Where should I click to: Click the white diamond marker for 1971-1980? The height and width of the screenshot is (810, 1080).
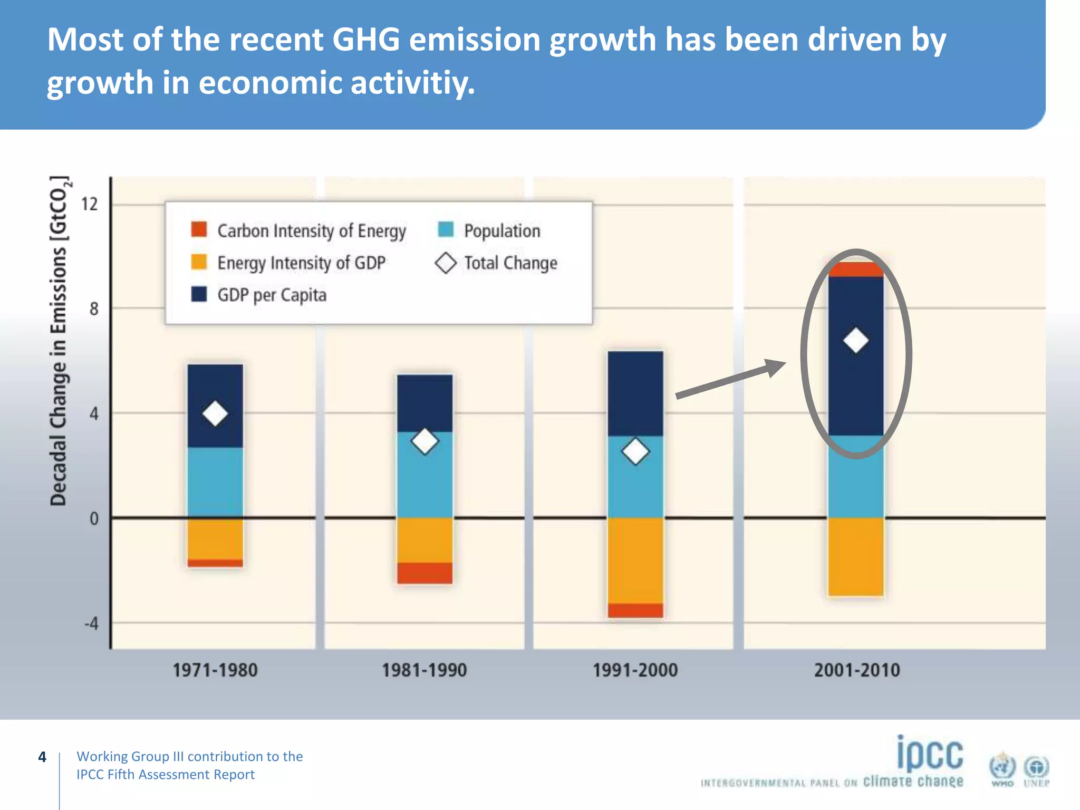click(215, 413)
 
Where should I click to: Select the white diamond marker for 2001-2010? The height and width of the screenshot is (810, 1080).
click(855, 340)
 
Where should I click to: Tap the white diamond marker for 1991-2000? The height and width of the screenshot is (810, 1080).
click(635, 451)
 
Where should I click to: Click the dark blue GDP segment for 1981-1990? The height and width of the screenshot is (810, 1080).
click(425, 402)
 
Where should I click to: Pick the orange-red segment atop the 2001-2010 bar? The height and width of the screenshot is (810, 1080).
click(855, 269)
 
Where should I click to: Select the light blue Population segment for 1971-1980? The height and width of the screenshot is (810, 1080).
click(215, 483)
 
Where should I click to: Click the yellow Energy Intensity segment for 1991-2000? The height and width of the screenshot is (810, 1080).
click(635, 560)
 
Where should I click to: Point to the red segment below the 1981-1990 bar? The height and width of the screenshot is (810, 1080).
click(425, 573)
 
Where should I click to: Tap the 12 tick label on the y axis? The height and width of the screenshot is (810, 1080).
click(90, 204)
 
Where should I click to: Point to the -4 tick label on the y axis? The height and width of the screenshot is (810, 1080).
click(92, 624)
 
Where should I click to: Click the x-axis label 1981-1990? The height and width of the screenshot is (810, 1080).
click(425, 670)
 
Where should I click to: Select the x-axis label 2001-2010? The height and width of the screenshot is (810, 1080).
click(856, 670)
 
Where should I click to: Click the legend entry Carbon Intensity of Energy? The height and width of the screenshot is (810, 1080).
click(311, 231)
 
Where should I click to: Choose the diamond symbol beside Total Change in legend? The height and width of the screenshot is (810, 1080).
click(446, 263)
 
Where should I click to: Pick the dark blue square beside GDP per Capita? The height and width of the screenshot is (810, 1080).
click(199, 294)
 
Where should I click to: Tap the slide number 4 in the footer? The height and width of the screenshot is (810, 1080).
click(42, 757)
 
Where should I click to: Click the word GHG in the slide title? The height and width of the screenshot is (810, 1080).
click(366, 40)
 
